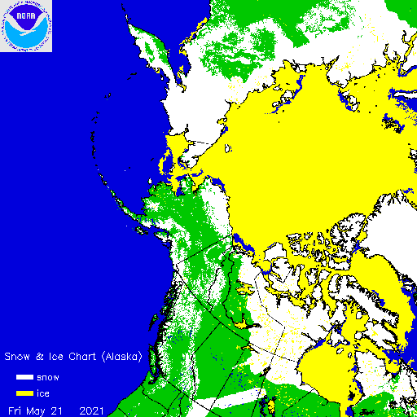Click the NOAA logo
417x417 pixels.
[x=25, y=25]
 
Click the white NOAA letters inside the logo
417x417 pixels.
[x=25, y=14]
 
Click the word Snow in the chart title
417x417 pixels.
[x=17, y=357]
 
